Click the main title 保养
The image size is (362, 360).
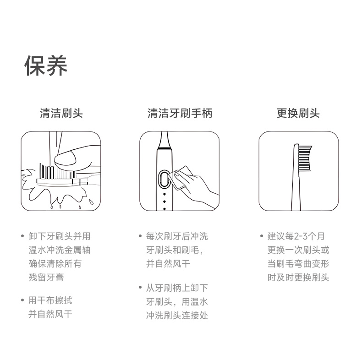click(x=46, y=65)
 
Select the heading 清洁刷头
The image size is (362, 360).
click(x=61, y=113)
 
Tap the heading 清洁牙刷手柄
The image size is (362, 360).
click(x=180, y=113)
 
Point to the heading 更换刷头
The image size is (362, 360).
click(x=298, y=113)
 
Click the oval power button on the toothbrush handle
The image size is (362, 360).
click(x=164, y=179)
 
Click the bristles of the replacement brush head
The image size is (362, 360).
click(x=305, y=159)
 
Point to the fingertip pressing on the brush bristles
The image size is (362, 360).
click(x=65, y=158)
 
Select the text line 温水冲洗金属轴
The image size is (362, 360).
click(x=60, y=250)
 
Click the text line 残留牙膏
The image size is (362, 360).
click(x=46, y=278)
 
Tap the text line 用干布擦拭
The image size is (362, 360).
click(x=50, y=300)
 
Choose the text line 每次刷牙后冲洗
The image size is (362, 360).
click(x=177, y=236)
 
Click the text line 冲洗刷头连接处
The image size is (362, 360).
click(x=177, y=315)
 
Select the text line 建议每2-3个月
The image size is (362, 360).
click(x=296, y=236)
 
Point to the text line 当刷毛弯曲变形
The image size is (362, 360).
click(x=298, y=263)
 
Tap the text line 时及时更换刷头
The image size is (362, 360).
click(x=298, y=278)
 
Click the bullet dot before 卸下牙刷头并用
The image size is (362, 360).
click(x=22, y=236)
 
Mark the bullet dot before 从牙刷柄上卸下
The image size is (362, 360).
click(x=140, y=288)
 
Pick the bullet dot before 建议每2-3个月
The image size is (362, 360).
click(x=261, y=236)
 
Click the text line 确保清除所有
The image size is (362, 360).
click(x=55, y=263)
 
